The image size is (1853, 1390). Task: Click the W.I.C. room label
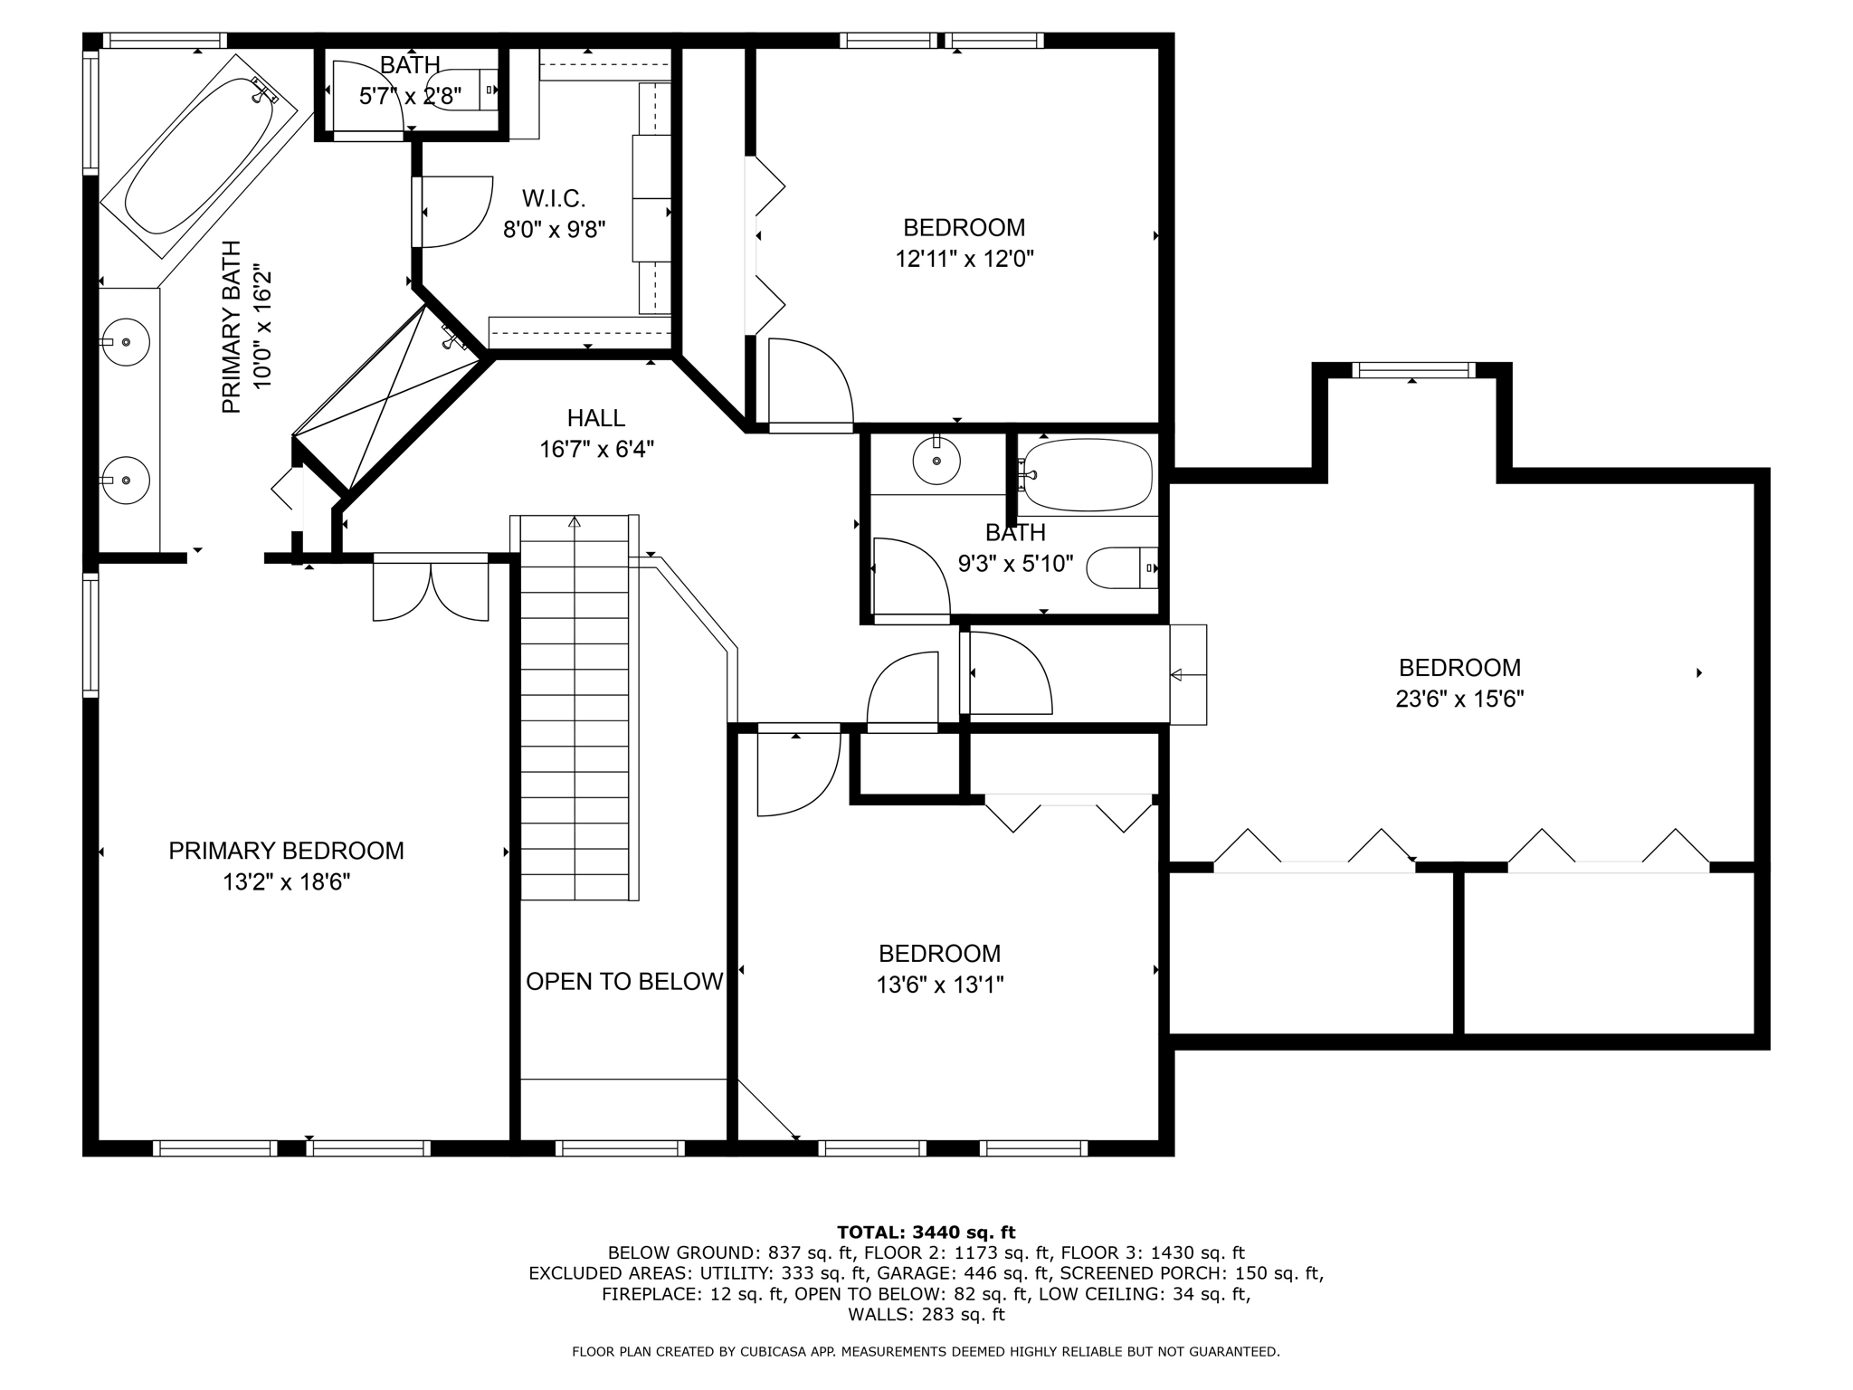[x=554, y=197]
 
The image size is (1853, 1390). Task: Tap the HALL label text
[x=595, y=418]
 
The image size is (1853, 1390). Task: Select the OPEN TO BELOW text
[x=624, y=981]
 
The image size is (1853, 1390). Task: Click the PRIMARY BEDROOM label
[x=286, y=851]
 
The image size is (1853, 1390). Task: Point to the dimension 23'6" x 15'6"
[x=1459, y=700]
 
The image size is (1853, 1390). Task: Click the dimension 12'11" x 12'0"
[x=965, y=260]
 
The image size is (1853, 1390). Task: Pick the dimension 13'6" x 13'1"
[x=940, y=985]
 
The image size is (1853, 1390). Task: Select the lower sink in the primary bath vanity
[x=126, y=480]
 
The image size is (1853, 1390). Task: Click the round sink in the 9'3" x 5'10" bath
[x=936, y=461]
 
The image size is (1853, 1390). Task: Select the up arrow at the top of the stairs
[x=575, y=521]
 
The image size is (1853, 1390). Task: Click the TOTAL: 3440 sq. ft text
[x=926, y=1233]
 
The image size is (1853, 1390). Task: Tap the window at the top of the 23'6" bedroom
[x=1412, y=370]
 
